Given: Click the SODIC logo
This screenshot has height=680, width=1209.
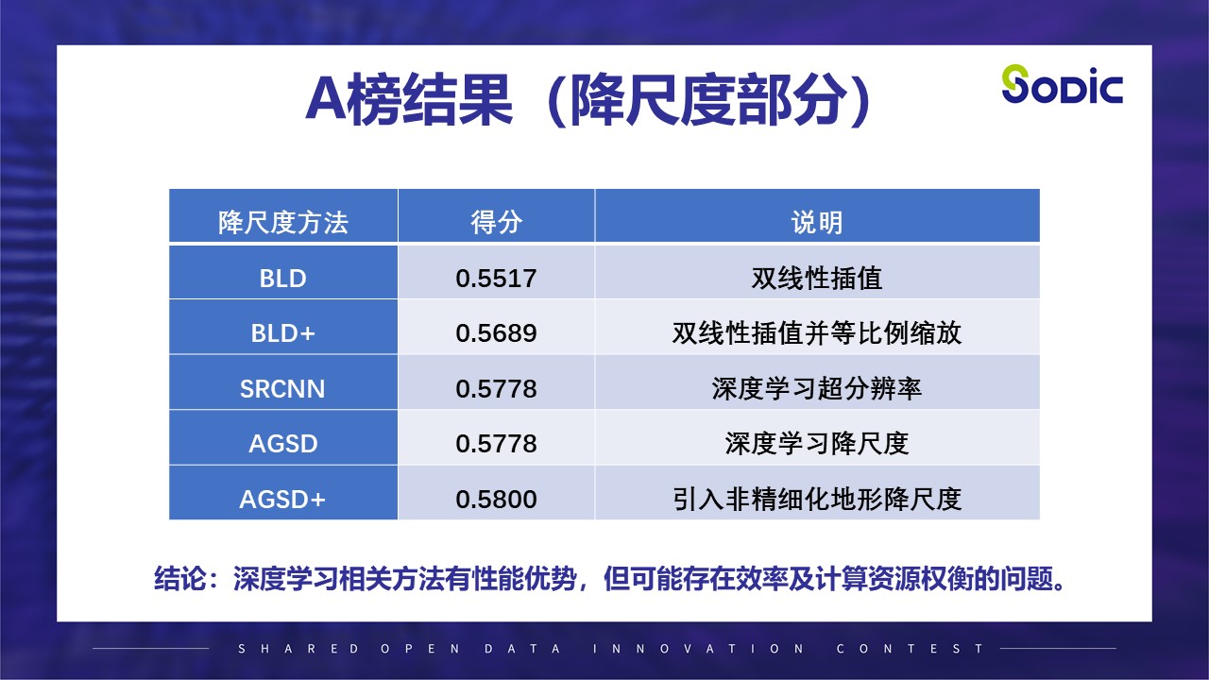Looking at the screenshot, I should [1062, 85].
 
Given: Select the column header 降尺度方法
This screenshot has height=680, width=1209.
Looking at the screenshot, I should [283, 223].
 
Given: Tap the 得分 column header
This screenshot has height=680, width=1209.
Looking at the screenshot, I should [496, 223].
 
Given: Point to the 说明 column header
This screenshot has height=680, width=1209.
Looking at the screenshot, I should [817, 223].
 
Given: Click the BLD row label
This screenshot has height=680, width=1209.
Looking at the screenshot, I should [283, 279].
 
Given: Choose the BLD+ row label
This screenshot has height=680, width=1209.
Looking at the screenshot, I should [283, 333].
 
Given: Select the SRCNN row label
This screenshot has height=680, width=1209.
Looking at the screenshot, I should [283, 388].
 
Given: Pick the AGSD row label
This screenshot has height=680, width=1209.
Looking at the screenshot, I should [283, 443].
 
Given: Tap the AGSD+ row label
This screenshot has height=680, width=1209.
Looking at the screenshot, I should [283, 499].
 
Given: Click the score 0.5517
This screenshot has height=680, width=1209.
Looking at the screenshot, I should [496, 279].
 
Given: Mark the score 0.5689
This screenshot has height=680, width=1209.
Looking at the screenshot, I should [496, 333].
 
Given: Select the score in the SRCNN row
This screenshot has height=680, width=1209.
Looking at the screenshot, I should [496, 388].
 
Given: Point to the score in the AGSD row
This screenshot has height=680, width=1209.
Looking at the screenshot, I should [496, 443].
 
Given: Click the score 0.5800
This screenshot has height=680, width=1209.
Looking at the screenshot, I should [496, 499].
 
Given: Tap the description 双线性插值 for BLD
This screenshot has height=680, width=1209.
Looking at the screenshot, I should [817, 279].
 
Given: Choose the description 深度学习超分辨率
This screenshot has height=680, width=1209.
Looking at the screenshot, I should [817, 388].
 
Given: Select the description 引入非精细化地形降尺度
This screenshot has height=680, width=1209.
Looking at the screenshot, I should [817, 499].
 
